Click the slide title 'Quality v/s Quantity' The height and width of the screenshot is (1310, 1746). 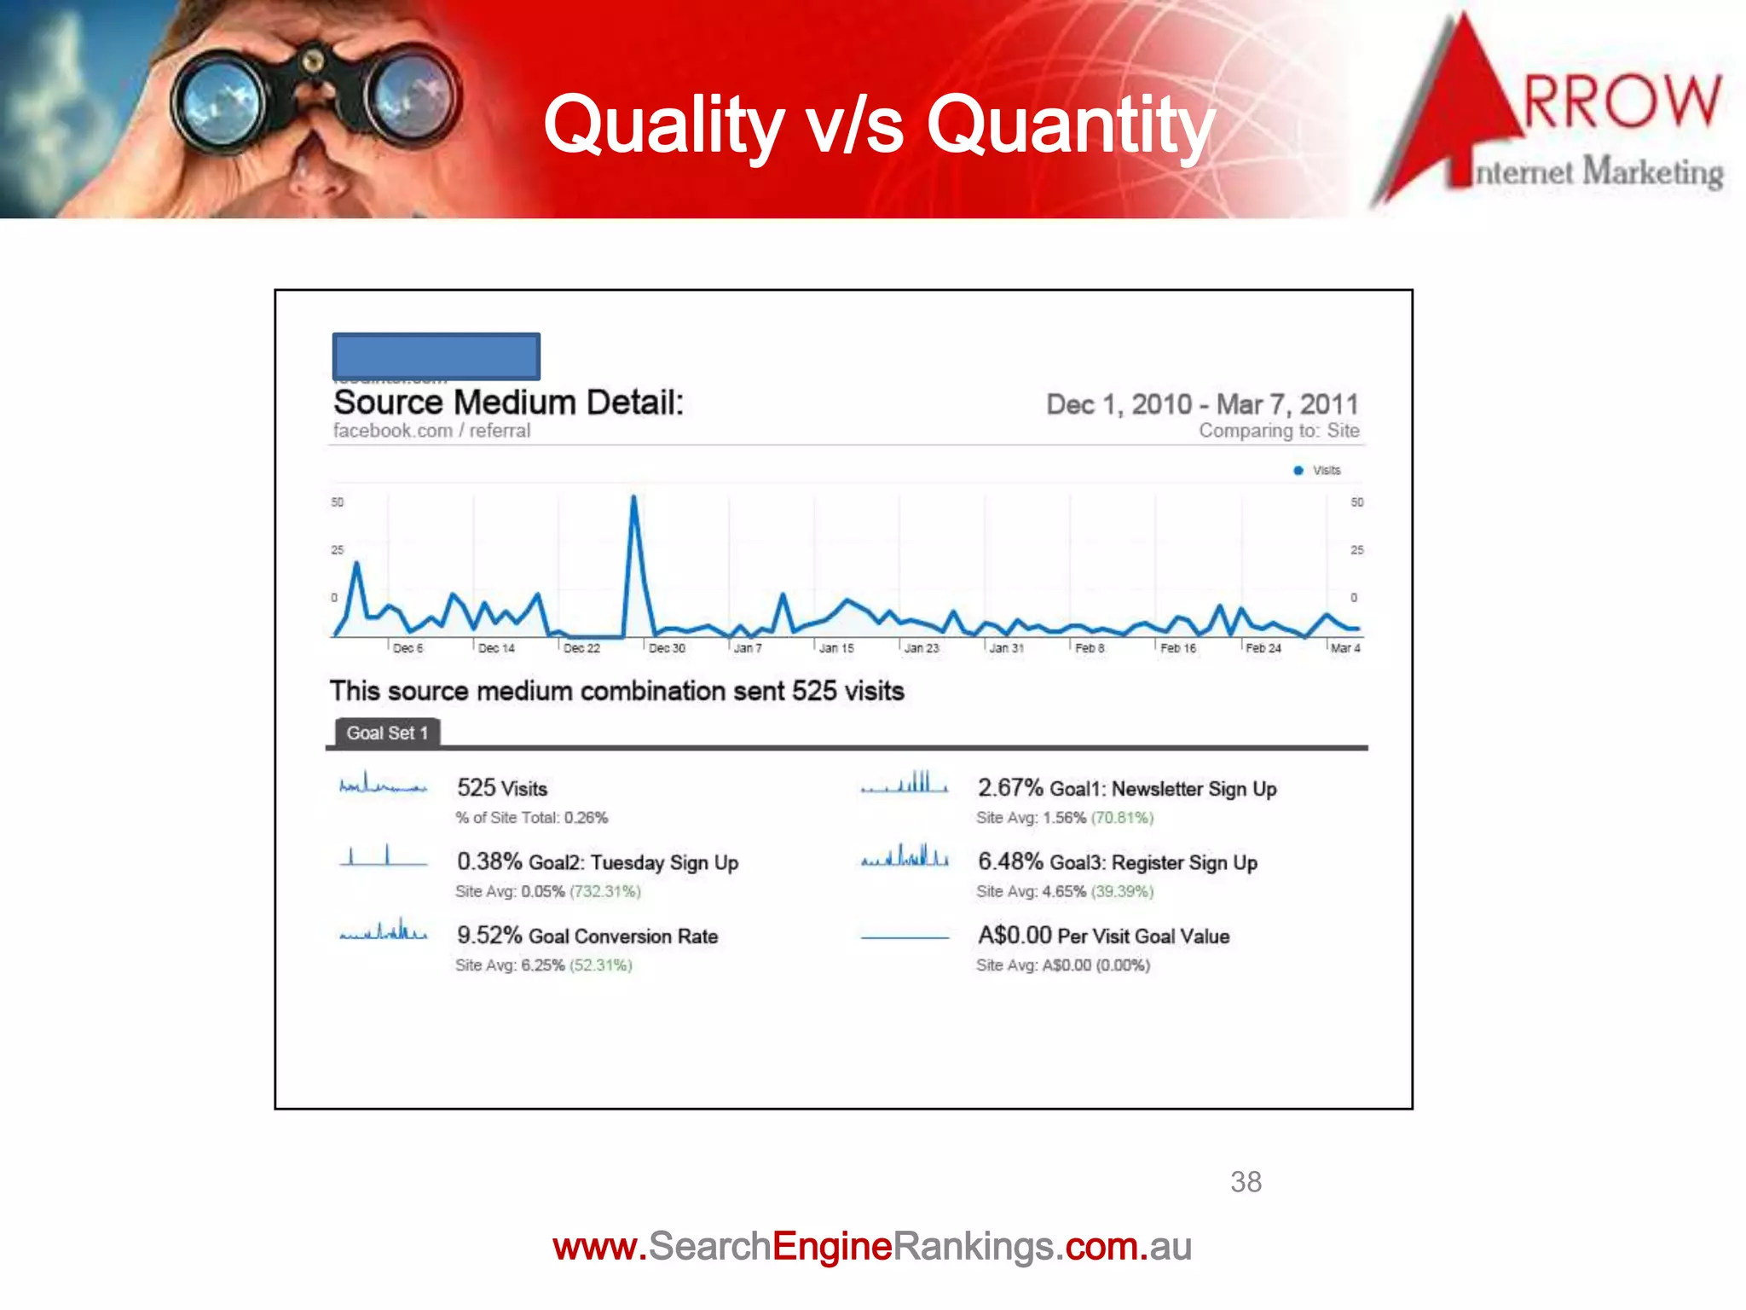[x=878, y=125]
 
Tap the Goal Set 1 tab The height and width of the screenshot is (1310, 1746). [x=387, y=733]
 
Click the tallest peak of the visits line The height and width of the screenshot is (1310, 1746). [x=633, y=497]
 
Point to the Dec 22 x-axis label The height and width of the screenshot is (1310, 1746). [x=581, y=648]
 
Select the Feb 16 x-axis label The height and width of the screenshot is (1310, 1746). [x=1178, y=648]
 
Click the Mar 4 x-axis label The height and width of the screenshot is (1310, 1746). [x=1345, y=648]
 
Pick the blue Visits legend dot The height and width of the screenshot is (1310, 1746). [x=1298, y=470]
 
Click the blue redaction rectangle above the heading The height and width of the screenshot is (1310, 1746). [x=436, y=356]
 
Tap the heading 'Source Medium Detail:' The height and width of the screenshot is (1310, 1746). [x=508, y=402]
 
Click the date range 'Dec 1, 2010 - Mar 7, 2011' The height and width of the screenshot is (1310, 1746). [x=1202, y=403]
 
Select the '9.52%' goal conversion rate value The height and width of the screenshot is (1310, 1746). [x=489, y=935]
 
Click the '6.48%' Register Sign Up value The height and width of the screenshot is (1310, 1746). [x=1010, y=861]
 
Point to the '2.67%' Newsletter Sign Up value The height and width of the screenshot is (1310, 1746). [x=1010, y=788]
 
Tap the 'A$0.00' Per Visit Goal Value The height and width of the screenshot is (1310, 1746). [x=1015, y=935]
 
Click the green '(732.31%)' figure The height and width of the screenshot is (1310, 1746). [x=605, y=891]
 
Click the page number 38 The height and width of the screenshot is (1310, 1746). [x=1246, y=1181]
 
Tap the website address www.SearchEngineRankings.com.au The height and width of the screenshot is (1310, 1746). [x=871, y=1246]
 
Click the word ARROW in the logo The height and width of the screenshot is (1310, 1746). [x=1620, y=101]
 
